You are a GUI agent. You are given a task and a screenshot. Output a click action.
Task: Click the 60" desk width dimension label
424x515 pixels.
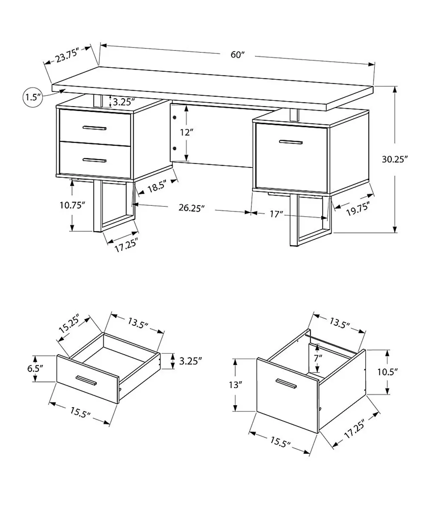point(238,55)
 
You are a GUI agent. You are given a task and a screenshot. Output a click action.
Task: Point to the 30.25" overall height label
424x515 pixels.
point(395,159)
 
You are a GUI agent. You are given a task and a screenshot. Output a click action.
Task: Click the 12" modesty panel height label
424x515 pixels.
point(186,133)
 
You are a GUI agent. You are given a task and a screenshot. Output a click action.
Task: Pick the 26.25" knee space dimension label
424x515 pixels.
point(192,208)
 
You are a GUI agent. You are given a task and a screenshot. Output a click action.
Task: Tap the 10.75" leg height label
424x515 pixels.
point(72,205)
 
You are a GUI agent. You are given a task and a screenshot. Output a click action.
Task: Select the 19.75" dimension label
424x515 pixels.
point(358,209)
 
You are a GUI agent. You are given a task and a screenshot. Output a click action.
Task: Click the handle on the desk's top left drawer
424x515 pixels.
point(94,128)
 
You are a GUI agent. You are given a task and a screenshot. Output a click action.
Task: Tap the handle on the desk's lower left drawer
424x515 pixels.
point(94,160)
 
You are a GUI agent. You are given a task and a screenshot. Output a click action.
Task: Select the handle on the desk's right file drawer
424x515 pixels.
point(290,142)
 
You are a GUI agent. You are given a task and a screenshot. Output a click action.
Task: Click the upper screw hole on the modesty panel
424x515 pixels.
point(175,117)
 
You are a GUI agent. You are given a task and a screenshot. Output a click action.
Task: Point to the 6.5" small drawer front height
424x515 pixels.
point(35,368)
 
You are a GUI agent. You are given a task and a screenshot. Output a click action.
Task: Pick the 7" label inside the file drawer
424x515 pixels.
point(318,358)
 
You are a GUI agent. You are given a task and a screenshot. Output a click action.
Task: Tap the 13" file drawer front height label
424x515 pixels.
point(234,385)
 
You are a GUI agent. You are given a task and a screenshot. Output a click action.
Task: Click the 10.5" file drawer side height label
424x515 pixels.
point(388,371)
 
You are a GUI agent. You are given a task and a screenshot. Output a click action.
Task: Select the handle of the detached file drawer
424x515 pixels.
point(287,384)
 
